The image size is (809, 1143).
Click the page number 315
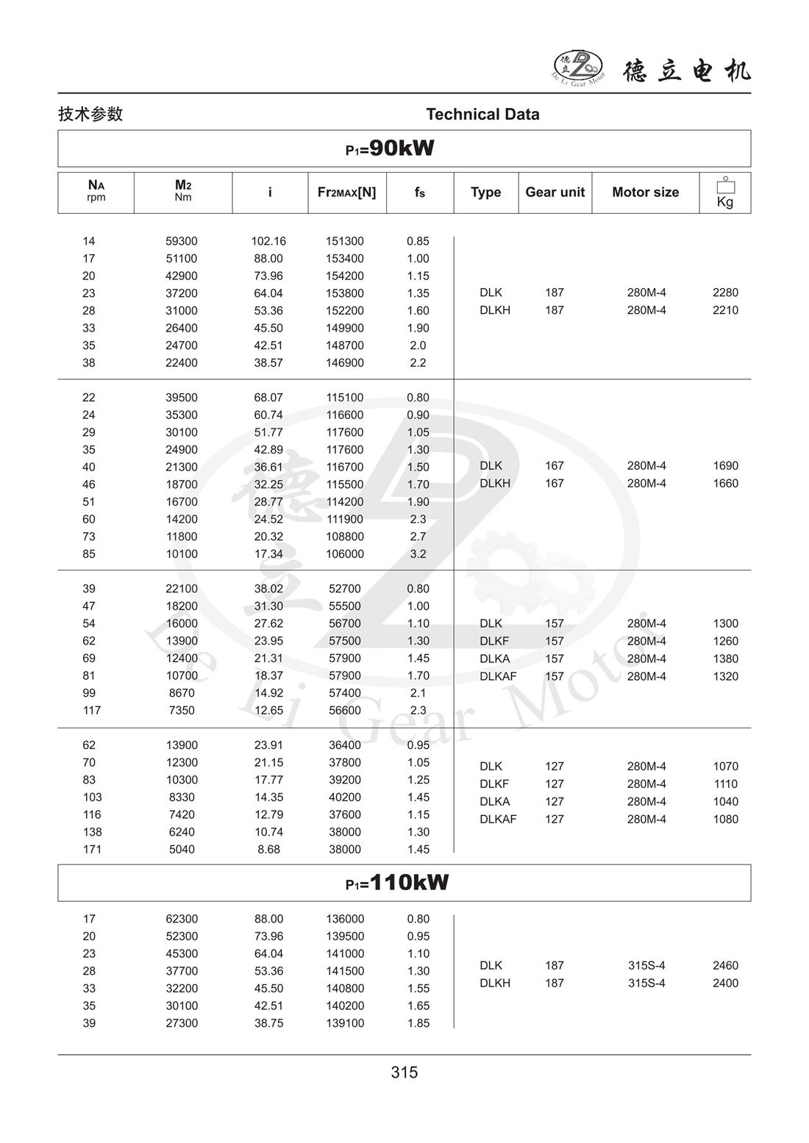tap(404, 1072)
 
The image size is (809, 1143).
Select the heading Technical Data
tap(482, 115)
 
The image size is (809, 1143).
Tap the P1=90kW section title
tap(390, 148)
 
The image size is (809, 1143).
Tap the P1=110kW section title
tap(397, 883)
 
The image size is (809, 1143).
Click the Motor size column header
tap(645, 193)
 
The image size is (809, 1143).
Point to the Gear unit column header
tap(555, 193)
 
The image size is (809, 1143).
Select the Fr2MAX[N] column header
tap(346, 193)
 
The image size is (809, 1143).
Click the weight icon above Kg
tap(725, 184)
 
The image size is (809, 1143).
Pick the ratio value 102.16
tap(268, 241)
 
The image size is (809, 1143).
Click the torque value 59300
tap(182, 241)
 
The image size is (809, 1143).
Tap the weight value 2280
tap(725, 293)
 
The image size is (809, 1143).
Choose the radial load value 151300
tap(345, 241)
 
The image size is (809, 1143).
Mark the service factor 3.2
tap(418, 554)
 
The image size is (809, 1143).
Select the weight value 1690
tap(725, 466)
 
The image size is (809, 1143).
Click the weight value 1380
tap(725, 659)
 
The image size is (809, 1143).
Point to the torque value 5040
tap(182, 850)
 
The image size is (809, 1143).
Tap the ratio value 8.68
tap(268, 850)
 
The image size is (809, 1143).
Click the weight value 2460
tap(725, 966)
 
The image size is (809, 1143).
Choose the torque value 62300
tap(182, 919)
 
